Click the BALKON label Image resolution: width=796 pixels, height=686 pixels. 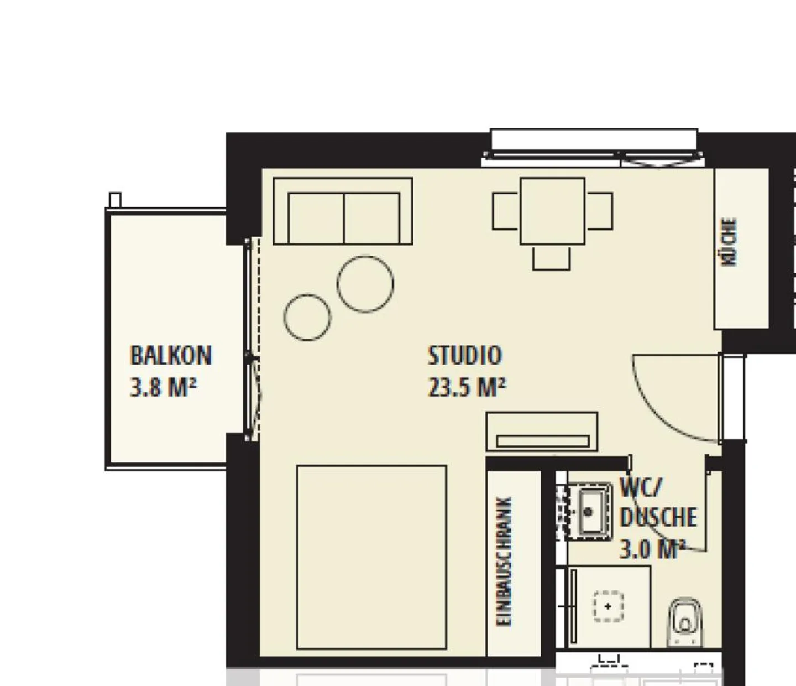point(171,355)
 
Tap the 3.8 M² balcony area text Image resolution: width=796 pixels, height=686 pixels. point(163,387)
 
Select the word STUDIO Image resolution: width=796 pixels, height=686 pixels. point(465,355)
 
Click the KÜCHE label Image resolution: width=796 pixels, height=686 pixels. point(730,242)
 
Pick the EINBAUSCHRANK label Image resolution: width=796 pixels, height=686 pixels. point(504,562)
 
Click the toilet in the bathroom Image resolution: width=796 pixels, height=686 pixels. point(685,622)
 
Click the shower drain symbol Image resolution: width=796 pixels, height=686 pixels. point(608,606)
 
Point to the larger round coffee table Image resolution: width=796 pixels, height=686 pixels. point(365,283)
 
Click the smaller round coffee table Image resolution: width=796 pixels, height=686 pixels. point(307,317)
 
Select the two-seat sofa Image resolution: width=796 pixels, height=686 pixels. point(343,211)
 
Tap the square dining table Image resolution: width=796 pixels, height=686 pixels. point(552,211)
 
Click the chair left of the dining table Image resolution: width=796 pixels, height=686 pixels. point(506,211)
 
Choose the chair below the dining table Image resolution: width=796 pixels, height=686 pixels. point(552,258)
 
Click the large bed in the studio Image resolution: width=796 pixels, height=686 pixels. point(371,557)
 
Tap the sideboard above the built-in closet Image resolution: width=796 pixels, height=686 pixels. point(542,432)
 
